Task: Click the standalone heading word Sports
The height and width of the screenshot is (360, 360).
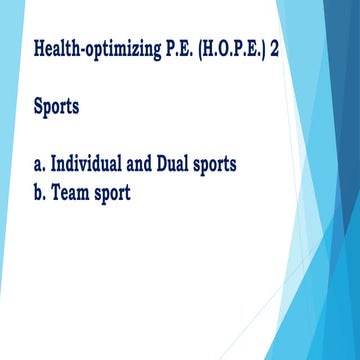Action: [56, 106]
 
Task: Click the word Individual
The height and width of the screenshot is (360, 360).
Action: [91, 163]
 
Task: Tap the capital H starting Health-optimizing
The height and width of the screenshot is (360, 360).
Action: [39, 47]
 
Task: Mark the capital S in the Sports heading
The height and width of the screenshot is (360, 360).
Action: [38, 105]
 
